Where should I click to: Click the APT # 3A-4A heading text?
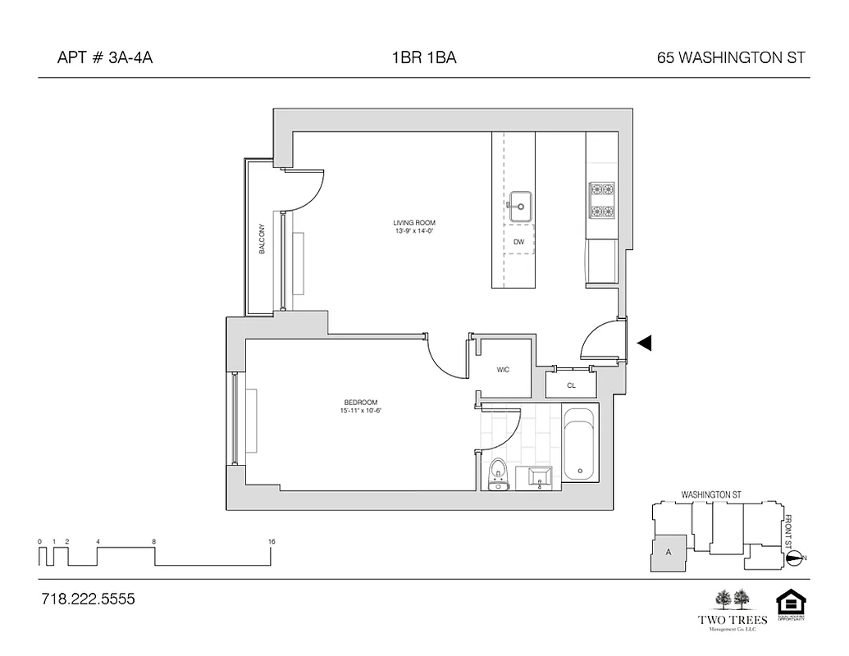(x=104, y=58)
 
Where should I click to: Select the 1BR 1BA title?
(x=424, y=58)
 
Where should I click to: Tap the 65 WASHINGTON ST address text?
(x=731, y=58)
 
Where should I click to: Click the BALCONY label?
(x=262, y=239)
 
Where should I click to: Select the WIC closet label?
(x=503, y=370)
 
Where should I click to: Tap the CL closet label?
(x=571, y=385)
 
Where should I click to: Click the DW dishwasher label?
(x=518, y=242)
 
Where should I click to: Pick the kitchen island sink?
(x=519, y=206)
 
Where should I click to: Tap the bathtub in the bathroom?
(x=581, y=447)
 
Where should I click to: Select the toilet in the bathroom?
(x=497, y=476)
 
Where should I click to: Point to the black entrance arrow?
(x=645, y=344)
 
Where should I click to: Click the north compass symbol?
(x=794, y=558)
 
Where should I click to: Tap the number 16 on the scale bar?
(x=271, y=542)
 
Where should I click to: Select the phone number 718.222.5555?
(x=87, y=599)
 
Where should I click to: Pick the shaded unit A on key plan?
(x=669, y=554)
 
